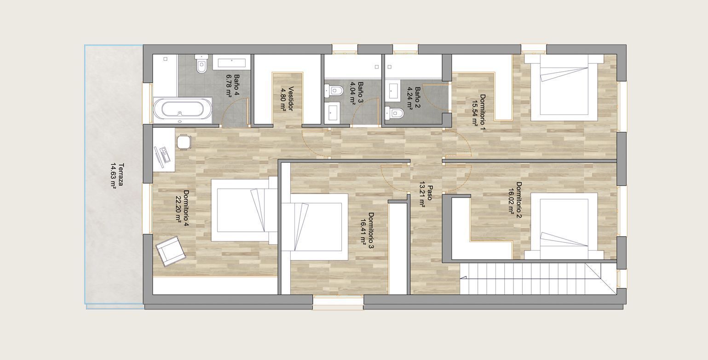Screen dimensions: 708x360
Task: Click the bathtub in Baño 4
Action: [x=183, y=110]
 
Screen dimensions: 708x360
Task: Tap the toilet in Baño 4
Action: [x=201, y=64]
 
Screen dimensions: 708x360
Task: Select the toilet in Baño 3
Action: [x=334, y=91]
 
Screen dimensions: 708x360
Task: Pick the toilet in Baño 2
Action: [x=394, y=113]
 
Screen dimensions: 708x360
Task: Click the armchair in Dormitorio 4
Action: [x=171, y=251]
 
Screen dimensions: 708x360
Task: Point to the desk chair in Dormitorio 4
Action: [x=184, y=142]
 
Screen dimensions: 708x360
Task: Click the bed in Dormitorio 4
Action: [x=244, y=210]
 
